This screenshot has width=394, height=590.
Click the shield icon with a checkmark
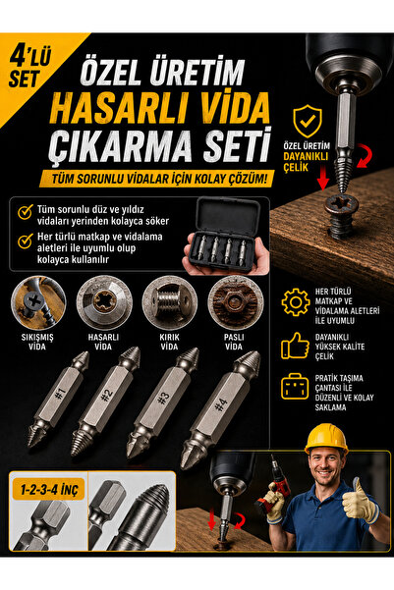[308, 121]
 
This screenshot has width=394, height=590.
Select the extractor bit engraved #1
[59, 400]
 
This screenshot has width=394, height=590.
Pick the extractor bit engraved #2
[106, 402]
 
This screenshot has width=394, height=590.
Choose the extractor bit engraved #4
[220, 409]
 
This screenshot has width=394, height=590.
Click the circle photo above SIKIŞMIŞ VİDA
[38, 303]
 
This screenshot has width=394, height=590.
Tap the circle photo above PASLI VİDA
[236, 303]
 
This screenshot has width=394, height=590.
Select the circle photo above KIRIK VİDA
[170, 303]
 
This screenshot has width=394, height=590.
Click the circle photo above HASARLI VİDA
[104, 303]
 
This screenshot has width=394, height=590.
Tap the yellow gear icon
[296, 301]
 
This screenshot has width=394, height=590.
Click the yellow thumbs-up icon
[295, 346]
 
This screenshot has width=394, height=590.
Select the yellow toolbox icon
[295, 386]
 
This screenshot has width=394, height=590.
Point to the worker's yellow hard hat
[326, 439]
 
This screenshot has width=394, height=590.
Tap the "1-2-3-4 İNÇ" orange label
[49, 490]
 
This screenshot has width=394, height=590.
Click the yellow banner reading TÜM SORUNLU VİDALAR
[156, 179]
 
